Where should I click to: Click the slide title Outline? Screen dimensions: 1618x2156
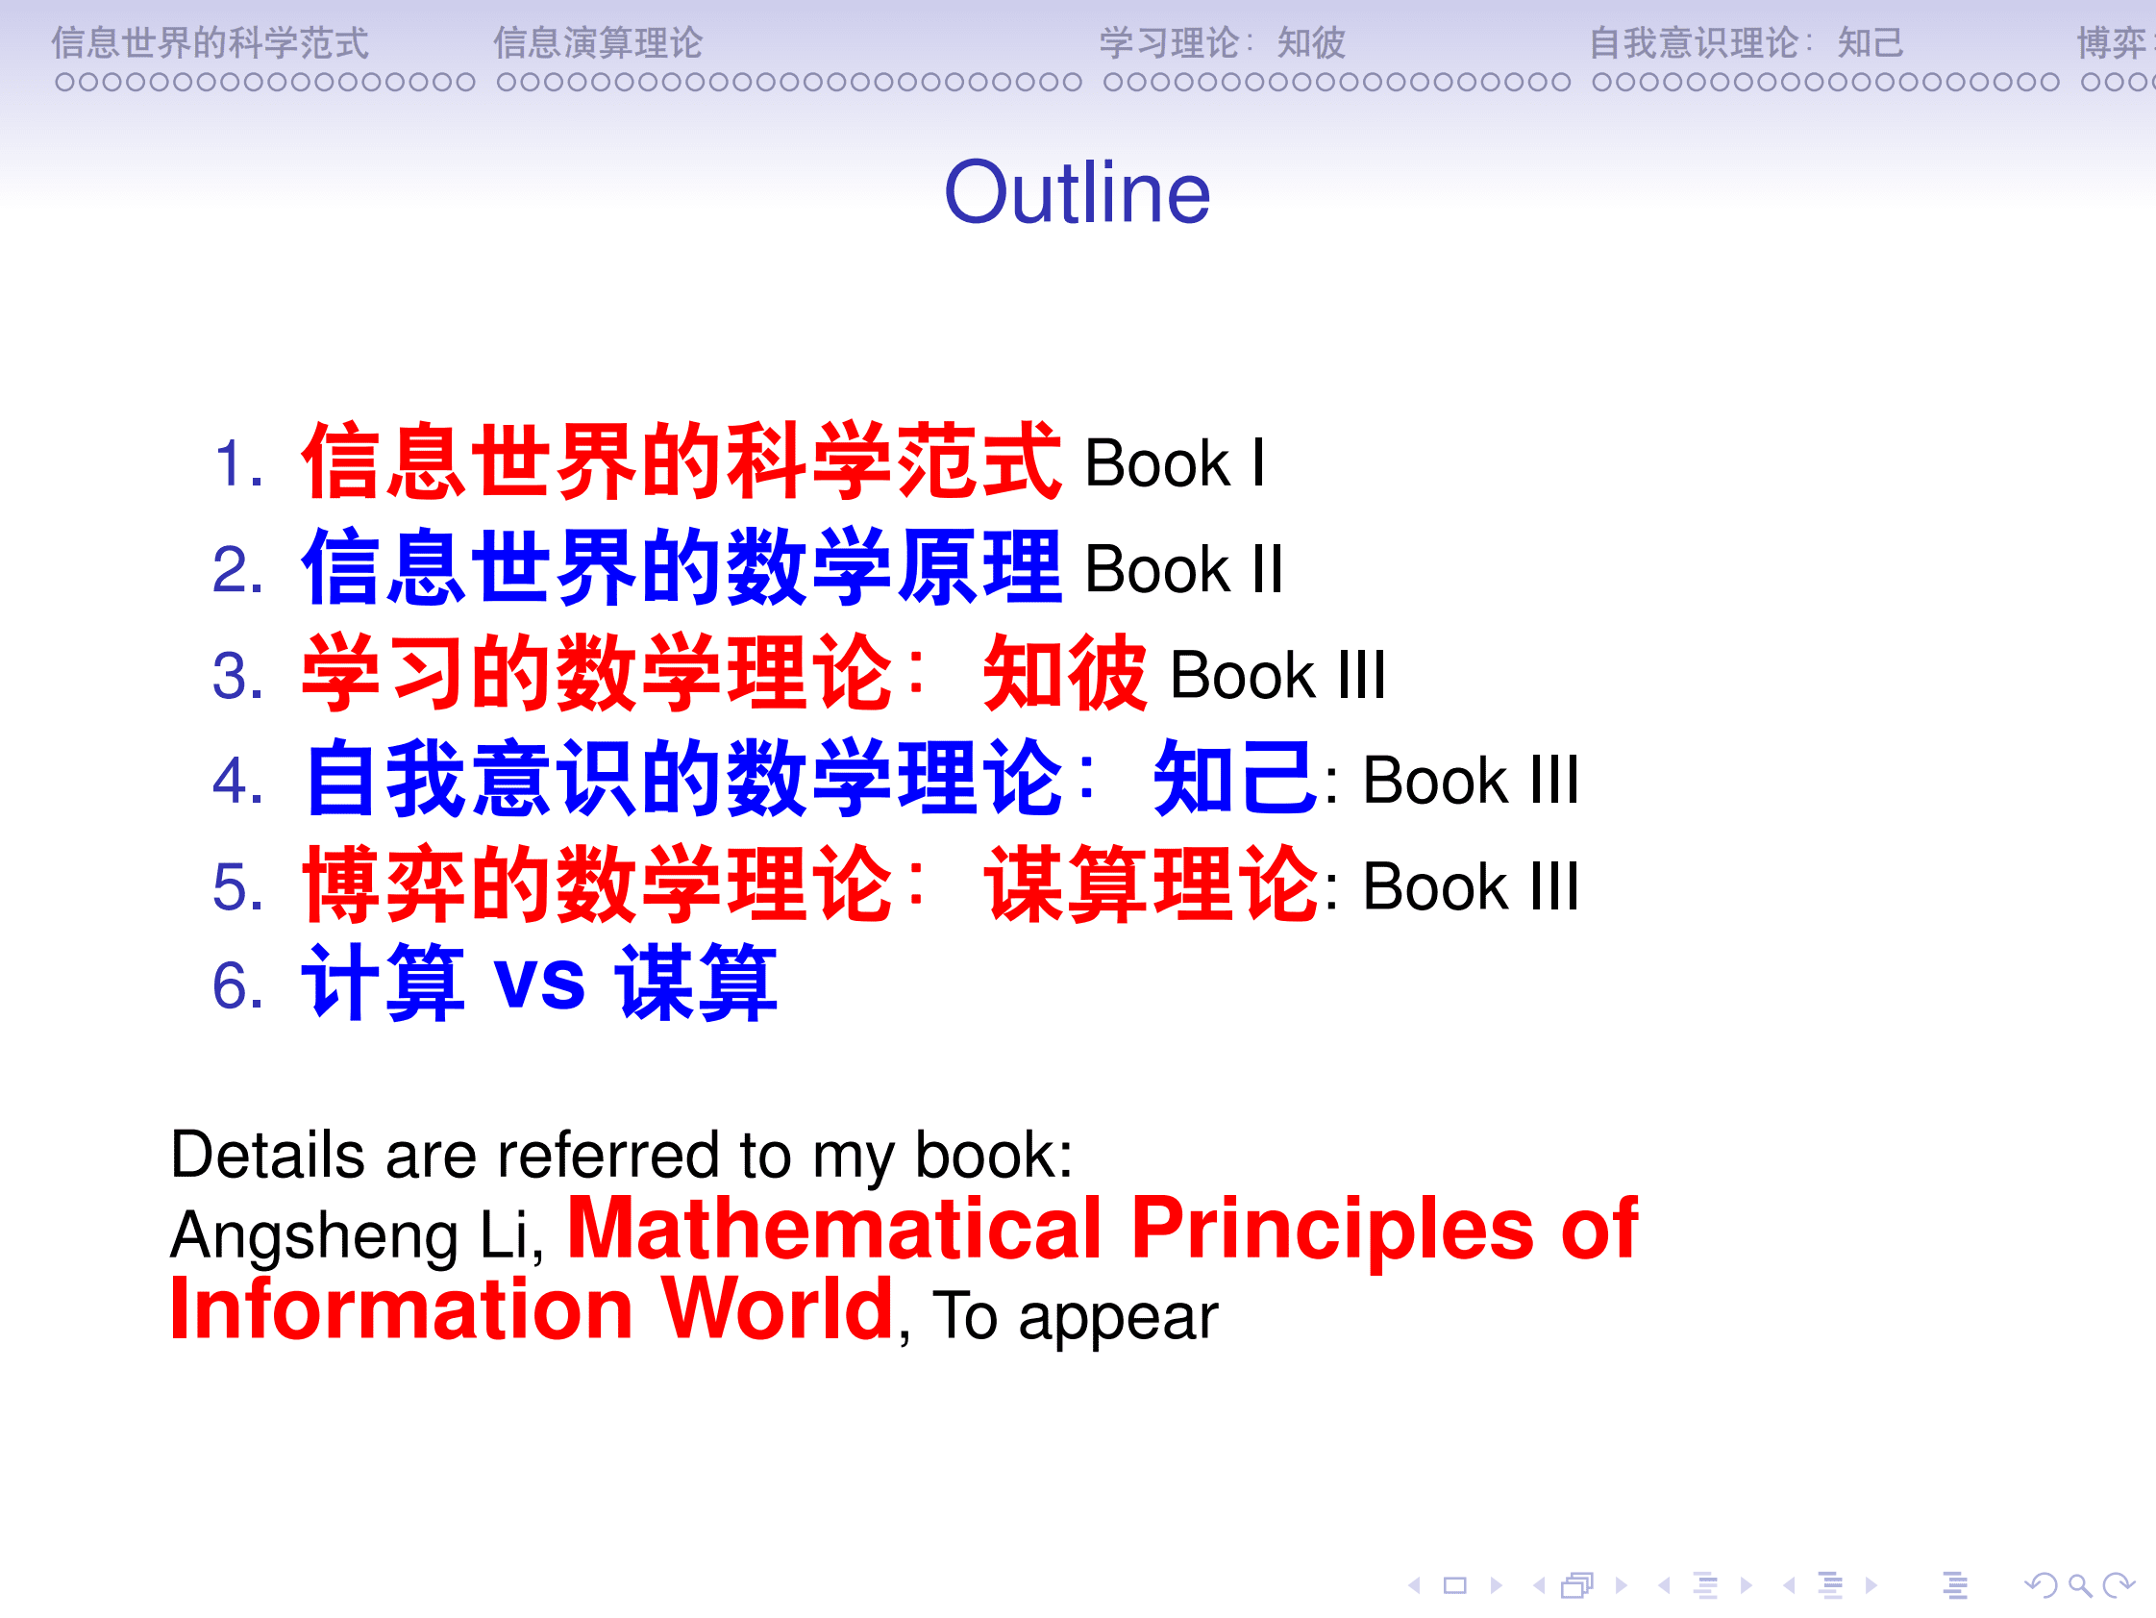pyautogui.click(x=1076, y=193)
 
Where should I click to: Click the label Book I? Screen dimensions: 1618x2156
pyautogui.click(x=1174, y=463)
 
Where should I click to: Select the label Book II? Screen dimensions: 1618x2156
pyautogui.click(x=1183, y=569)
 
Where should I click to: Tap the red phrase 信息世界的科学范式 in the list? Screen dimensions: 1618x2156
pyautogui.click(x=681, y=461)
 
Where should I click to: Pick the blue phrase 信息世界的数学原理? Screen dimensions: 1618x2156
pyautogui.click(x=681, y=567)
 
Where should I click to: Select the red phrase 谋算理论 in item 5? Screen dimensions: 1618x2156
pyautogui.click(x=1151, y=884)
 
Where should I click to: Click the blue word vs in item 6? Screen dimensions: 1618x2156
pyautogui.click(x=539, y=983)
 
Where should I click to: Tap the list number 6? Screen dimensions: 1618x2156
pyautogui.click(x=235, y=984)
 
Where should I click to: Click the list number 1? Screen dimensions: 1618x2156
pyautogui.click(x=235, y=463)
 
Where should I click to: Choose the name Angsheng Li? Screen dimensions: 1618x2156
pyautogui.click(x=355, y=1236)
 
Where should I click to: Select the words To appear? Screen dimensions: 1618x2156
pyautogui.click(x=1074, y=1316)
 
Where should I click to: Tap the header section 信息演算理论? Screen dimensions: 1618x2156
pyautogui.click(x=597, y=43)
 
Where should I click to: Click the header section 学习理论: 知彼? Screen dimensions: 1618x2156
pyautogui.click(x=1222, y=43)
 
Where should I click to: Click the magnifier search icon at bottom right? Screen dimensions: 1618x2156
pyautogui.click(x=2079, y=1586)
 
